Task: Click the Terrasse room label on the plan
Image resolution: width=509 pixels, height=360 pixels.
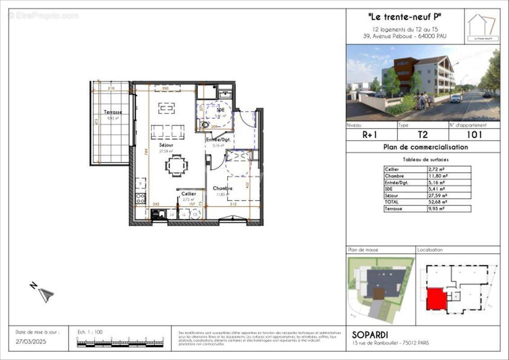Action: click(113, 112)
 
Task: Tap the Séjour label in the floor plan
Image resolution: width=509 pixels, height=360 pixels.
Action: click(166, 145)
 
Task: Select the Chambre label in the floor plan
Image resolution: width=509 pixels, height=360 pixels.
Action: click(222, 188)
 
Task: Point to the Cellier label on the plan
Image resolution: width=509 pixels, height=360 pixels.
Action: click(189, 193)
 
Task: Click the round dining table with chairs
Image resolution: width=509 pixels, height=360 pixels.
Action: click(176, 166)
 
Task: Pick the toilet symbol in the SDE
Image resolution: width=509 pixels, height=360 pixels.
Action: click(204, 125)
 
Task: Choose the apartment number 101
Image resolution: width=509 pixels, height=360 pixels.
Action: click(474, 134)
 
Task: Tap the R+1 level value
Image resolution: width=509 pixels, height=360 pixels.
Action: click(370, 134)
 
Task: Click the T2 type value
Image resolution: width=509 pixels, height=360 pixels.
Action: click(422, 134)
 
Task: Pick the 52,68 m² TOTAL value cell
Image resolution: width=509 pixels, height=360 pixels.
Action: click(448, 202)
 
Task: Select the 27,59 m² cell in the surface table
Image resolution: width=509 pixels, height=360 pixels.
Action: click(448, 196)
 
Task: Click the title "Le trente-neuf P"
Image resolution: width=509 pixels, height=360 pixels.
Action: click(405, 17)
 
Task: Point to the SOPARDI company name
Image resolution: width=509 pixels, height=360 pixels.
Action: click(369, 335)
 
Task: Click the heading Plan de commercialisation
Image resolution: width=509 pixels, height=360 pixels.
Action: click(425, 147)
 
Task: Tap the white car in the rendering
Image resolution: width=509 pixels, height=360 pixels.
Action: click(456, 98)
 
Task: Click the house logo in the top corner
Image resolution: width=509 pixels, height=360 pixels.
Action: click(482, 26)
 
